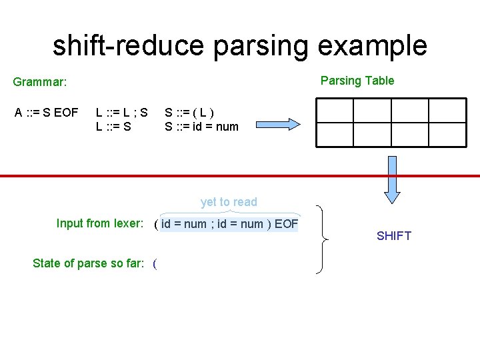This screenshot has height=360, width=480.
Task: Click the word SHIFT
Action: tap(394, 236)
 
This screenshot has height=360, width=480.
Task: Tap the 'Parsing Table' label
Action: tap(357, 81)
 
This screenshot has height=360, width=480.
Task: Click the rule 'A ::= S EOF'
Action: tap(47, 113)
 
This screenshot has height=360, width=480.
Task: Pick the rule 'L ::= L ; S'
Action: tap(122, 113)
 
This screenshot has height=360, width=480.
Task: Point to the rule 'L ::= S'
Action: tap(113, 126)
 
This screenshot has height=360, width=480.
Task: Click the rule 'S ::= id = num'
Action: tap(201, 126)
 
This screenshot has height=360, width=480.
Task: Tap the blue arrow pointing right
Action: tap(277, 124)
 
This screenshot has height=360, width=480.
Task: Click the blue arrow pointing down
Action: tap(393, 179)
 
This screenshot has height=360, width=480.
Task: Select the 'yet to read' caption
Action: tap(229, 202)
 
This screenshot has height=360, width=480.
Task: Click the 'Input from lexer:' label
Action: tap(100, 223)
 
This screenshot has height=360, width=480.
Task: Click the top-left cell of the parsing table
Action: tap(334, 111)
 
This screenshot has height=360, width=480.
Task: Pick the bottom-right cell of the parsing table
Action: tap(447, 135)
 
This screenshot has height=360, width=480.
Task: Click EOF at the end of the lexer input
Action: tap(286, 224)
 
